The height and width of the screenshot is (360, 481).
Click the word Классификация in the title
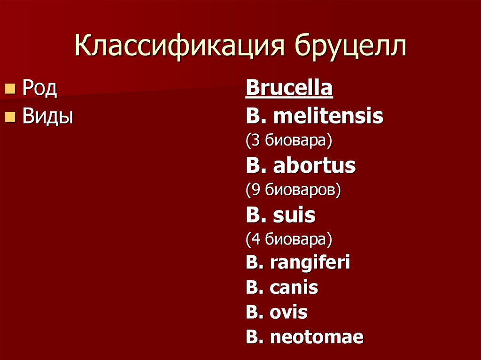[x=180, y=48]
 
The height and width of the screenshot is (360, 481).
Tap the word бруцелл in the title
[x=351, y=48]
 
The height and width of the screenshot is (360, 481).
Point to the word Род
[x=40, y=89]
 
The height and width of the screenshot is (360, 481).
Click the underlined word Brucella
[x=289, y=88]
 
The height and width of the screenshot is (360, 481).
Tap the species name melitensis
[x=328, y=116]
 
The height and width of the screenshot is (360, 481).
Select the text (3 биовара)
[x=289, y=140]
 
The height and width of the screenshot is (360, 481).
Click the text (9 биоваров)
[x=293, y=190]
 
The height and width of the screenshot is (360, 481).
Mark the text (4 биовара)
[x=289, y=239]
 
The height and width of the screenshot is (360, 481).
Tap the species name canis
[x=294, y=287]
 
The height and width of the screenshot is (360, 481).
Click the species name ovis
[x=289, y=312]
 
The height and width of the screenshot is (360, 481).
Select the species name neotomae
[x=317, y=337]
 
